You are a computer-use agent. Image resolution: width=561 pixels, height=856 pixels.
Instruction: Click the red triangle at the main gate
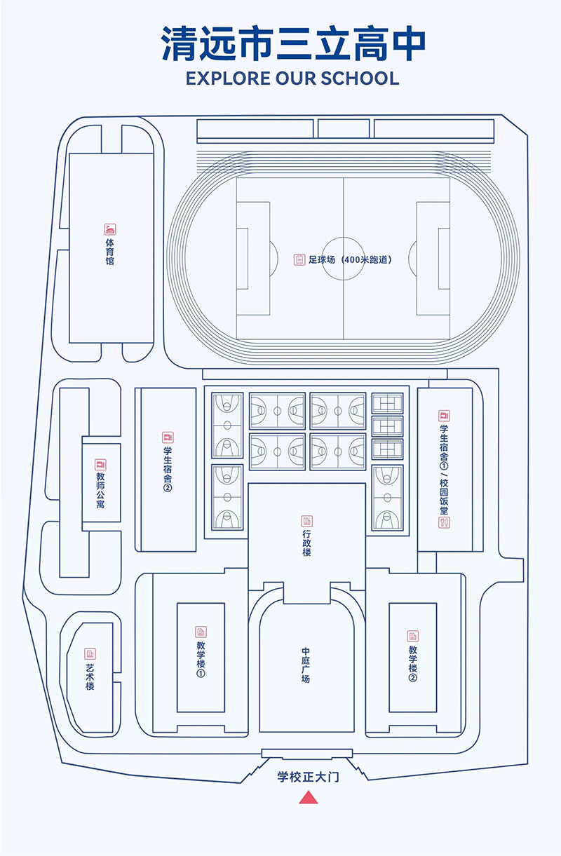point(309,797)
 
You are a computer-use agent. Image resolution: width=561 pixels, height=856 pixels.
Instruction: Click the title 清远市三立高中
point(294,44)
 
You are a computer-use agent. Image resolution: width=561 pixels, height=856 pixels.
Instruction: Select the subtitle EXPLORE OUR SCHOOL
point(292,78)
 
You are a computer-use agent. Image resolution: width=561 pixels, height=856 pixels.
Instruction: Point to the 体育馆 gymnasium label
point(110,252)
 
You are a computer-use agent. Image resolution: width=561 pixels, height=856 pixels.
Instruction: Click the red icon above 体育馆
point(110,229)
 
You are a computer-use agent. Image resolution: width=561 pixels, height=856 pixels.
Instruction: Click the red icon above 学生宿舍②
point(168,437)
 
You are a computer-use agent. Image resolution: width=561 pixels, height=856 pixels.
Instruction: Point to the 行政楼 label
point(306,543)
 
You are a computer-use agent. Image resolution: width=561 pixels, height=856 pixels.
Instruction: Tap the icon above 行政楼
point(306,521)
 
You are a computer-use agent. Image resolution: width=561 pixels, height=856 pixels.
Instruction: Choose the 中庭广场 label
point(306,665)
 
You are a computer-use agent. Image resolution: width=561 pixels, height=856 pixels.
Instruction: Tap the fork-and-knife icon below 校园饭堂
point(444,522)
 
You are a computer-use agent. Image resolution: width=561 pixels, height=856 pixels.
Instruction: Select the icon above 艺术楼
point(90,653)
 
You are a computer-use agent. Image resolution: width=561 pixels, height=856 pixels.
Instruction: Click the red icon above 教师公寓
point(101,465)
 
